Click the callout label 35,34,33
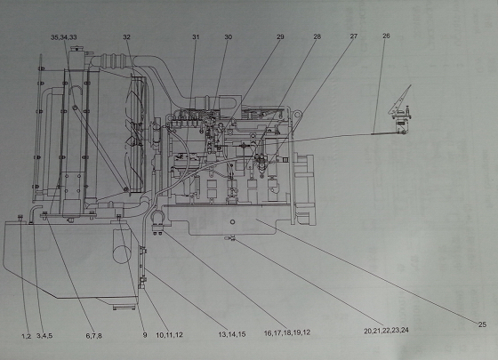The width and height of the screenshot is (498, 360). click(x=64, y=37)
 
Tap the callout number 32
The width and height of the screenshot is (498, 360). click(x=126, y=37)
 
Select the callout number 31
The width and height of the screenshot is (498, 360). click(x=196, y=37)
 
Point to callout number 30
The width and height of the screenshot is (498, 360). click(x=228, y=37)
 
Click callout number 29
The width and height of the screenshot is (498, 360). click(x=280, y=36)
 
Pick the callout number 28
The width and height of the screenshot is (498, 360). click(x=317, y=36)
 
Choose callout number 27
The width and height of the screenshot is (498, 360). click(x=354, y=36)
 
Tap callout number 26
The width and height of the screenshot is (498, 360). click(x=386, y=36)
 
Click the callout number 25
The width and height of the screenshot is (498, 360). click(x=482, y=324)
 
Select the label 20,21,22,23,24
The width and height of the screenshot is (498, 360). click(x=386, y=331)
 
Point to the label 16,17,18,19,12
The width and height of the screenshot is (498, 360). click(x=287, y=332)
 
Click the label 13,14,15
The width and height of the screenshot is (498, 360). click(x=232, y=334)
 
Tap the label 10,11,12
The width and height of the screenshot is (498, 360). click(x=169, y=335)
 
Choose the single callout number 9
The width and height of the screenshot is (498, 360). click(x=145, y=335)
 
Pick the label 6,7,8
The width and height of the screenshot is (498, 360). click(x=94, y=336)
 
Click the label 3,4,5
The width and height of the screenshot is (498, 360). click(x=44, y=336)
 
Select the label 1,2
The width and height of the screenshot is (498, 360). click(x=27, y=337)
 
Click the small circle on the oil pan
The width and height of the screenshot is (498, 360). click(x=232, y=222)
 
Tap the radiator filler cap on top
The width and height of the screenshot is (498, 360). click(x=76, y=48)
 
